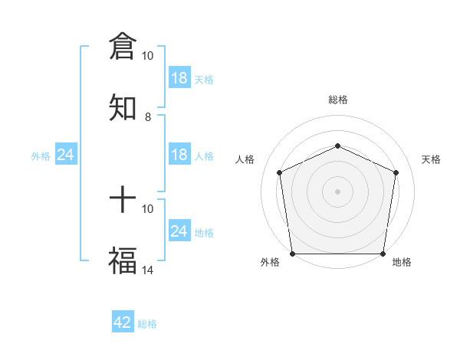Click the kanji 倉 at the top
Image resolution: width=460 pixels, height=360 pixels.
(x=123, y=47)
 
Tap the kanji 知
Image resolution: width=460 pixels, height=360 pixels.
(x=123, y=107)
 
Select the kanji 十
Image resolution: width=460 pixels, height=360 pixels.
(x=123, y=201)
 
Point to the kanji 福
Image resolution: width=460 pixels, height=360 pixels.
(x=123, y=260)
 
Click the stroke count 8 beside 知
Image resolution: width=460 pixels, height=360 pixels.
(x=148, y=117)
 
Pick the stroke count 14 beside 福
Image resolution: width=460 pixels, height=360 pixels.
(x=148, y=270)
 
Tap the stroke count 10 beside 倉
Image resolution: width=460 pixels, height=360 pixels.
(x=148, y=56)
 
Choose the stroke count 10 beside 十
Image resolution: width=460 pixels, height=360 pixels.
(x=148, y=208)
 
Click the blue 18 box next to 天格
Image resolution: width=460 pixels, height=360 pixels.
(x=179, y=78)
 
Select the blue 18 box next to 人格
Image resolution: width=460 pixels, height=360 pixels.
(x=179, y=155)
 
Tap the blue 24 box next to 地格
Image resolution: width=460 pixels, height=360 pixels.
(x=179, y=231)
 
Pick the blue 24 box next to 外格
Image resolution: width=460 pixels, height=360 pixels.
(x=66, y=155)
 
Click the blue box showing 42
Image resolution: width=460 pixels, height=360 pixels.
(x=123, y=322)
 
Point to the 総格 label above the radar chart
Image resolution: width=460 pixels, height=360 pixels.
(x=337, y=100)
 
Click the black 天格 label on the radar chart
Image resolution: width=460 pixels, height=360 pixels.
(x=432, y=159)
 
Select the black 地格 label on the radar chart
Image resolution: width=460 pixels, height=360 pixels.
(x=402, y=262)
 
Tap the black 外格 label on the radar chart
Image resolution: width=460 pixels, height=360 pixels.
(x=270, y=262)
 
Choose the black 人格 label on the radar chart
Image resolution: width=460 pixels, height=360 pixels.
(x=245, y=159)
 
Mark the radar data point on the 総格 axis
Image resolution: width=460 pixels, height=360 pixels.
(x=337, y=146)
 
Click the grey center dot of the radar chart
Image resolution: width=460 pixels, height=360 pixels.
(x=337, y=191)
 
